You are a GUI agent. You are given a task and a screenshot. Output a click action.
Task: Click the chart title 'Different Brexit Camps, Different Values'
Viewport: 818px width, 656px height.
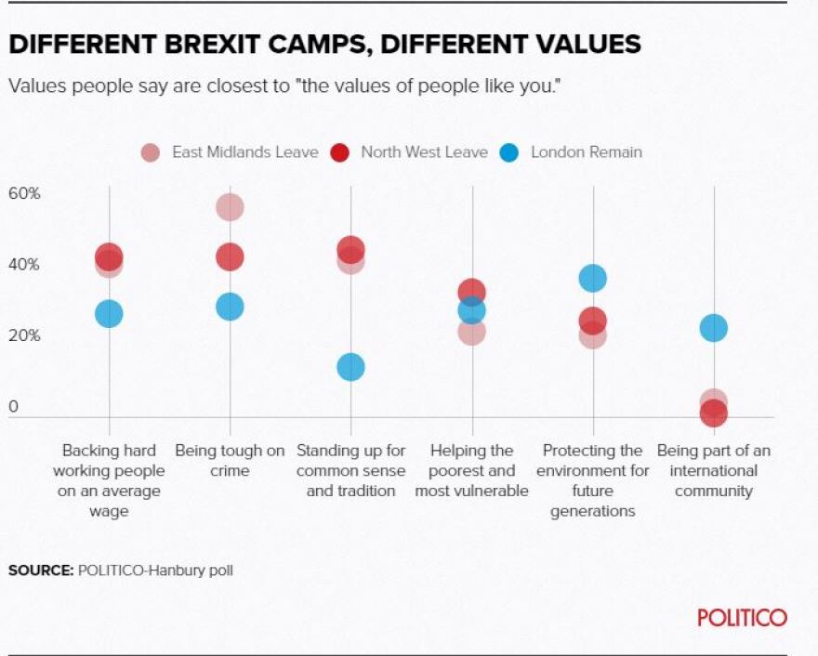[324, 44]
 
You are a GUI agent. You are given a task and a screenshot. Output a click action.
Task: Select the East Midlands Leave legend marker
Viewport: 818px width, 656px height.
[151, 152]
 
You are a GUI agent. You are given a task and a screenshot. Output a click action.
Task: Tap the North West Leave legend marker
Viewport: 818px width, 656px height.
[339, 152]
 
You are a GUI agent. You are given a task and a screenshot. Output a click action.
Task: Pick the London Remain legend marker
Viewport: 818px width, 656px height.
[509, 152]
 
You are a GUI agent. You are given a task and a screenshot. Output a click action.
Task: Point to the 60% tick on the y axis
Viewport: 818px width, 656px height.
[24, 193]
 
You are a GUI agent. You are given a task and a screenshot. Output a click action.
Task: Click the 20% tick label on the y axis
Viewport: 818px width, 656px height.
[24, 335]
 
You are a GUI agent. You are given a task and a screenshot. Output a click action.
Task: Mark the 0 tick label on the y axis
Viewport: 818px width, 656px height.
[13, 406]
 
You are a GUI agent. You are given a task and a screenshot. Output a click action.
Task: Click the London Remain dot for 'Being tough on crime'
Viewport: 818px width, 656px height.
[230, 307]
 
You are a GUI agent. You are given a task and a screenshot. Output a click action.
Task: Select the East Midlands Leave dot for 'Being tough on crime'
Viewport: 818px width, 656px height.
[230, 207]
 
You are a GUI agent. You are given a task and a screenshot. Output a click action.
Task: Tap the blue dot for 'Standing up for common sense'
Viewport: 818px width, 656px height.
[350, 367]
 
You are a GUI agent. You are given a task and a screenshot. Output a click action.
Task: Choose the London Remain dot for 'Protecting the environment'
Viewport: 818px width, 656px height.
[592, 278]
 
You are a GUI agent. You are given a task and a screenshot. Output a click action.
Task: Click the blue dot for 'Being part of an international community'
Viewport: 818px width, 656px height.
[713, 328]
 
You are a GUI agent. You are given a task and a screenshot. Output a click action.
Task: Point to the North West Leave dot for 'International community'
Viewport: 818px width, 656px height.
[713, 413]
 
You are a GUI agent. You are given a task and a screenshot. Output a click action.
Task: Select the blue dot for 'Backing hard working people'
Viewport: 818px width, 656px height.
[109, 314]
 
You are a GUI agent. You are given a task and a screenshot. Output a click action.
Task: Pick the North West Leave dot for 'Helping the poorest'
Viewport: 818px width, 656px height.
[472, 292]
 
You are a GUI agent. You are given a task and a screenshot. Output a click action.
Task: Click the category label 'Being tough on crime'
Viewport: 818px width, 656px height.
[230, 461]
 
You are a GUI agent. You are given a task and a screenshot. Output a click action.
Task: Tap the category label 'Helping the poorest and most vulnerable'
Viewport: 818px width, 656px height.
[471, 470]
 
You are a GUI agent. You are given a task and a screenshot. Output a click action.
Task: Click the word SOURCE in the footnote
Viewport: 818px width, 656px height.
[39, 571]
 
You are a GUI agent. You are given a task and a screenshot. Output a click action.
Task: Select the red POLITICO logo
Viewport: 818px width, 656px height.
[742, 618]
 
